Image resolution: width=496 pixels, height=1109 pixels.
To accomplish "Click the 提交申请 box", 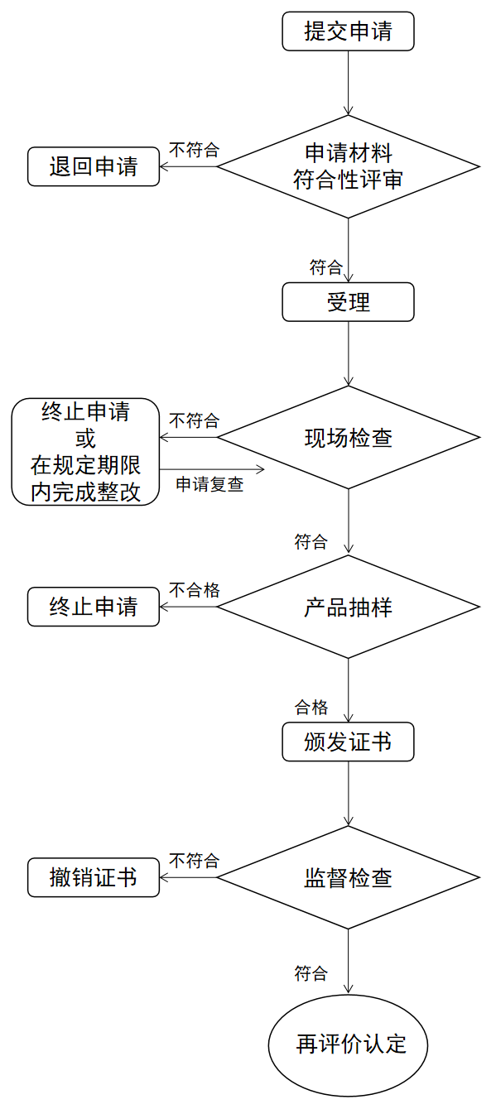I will click(x=348, y=31).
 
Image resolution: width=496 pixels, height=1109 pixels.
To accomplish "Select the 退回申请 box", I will click(x=94, y=166).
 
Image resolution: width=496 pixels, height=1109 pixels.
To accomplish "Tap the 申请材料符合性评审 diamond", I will click(x=348, y=166).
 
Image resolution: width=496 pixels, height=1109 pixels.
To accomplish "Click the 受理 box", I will click(x=348, y=302).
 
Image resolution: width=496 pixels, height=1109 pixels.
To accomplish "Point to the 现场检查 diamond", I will click(x=348, y=438).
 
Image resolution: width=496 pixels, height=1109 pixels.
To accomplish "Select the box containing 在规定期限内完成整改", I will click(x=85, y=452).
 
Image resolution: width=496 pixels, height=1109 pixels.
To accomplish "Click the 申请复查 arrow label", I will click(x=209, y=485).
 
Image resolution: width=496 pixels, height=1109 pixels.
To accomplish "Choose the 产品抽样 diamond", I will click(x=348, y=607).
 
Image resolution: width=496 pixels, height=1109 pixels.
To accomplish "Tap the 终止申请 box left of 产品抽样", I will click(x=94, y=607).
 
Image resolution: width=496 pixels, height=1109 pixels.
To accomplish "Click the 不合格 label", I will click(x=195, y=590).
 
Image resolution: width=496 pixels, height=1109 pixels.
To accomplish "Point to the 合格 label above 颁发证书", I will click(x=311, y=708).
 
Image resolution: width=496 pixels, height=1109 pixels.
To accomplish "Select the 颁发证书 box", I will click(x=348, y=742).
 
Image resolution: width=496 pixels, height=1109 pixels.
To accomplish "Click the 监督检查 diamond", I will click(x=348, y=878).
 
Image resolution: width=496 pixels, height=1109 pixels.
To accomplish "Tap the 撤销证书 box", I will click(x=94, y=878).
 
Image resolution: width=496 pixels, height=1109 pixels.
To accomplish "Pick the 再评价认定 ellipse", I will click(x=348, y=1044).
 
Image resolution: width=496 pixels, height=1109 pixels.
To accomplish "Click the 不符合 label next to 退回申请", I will click(x=195, y=150).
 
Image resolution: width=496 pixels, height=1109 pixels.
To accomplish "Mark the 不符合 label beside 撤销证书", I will click(x=195, y=862).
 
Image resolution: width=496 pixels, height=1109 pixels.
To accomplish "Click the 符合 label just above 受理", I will click(x=326, y=267).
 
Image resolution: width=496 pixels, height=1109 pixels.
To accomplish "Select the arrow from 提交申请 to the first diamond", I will click(x=349, y=83).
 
